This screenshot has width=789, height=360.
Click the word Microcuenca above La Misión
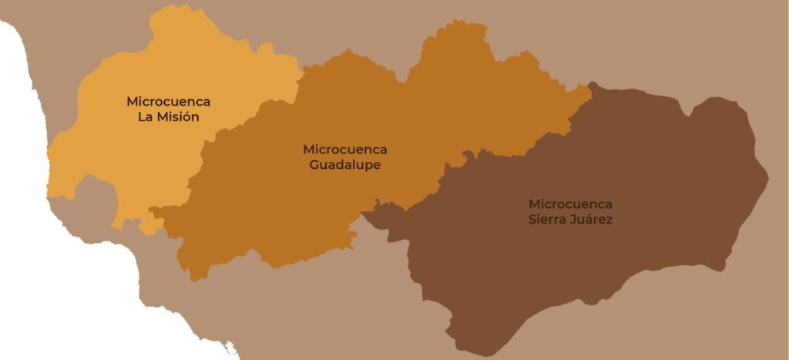(x=168, y=102)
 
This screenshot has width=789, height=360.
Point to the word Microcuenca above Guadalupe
(x=345, y=150)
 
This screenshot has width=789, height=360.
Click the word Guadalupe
(x=345, y=165)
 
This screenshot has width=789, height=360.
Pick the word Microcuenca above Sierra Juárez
(x=570, y=204)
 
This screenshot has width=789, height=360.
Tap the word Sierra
(x=547, y=220)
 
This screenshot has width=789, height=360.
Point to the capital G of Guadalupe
(x=314, y=165)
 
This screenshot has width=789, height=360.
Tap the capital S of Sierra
(x=532, y=220)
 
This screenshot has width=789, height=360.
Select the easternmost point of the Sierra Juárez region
(x=767, y=182)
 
